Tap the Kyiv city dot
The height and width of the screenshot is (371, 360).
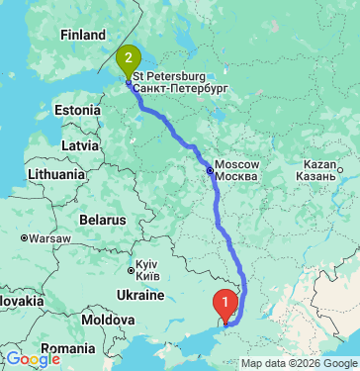coord(131,267)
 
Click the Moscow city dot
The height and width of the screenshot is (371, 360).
coord(209,170)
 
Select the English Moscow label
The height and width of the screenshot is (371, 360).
coord(237,163)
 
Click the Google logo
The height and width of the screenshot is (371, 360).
coord(33,359)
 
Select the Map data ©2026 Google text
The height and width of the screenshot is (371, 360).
coord(299,363)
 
